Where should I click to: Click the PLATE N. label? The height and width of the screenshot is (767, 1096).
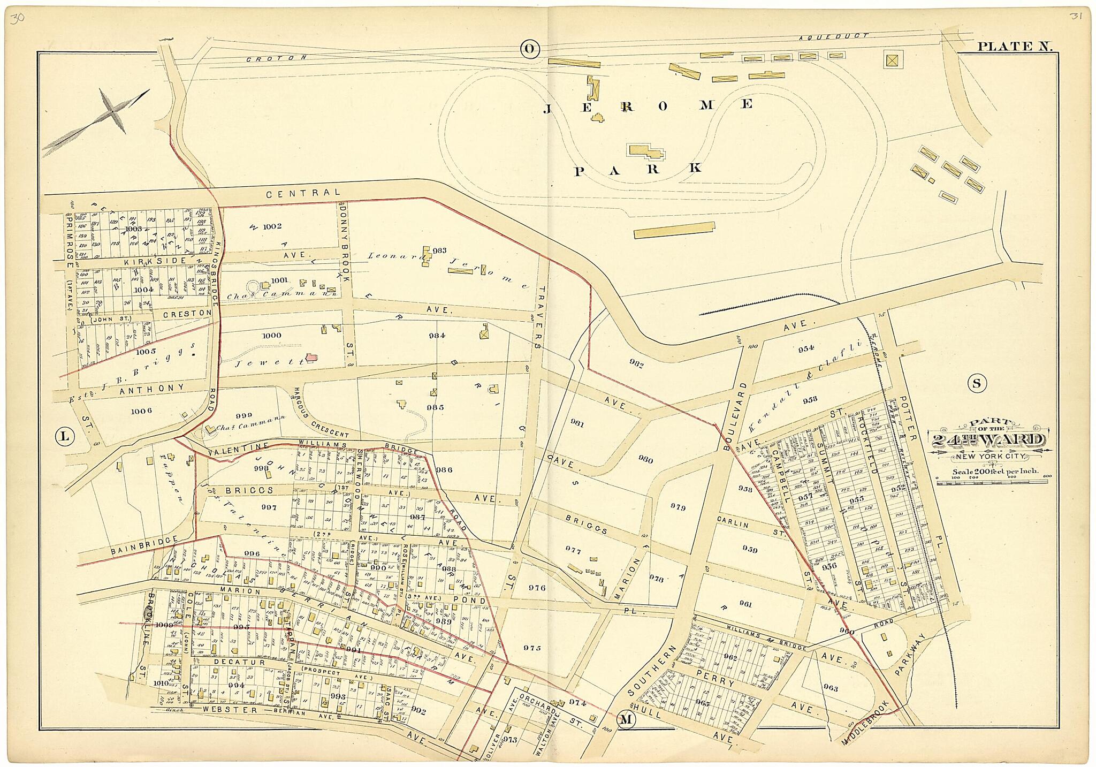coord(1015,47)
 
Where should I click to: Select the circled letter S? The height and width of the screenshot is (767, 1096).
coord(977,383)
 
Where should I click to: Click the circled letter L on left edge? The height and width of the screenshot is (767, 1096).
coord(64,436)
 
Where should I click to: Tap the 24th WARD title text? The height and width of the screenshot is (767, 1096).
coord(988,440)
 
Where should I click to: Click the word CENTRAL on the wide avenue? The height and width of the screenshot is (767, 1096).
coord(303,193)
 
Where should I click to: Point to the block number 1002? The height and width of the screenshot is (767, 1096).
coord(271,226)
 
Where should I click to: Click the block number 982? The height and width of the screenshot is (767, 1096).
coord(636,365)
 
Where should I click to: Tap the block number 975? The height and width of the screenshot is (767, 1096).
coord(532,648)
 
